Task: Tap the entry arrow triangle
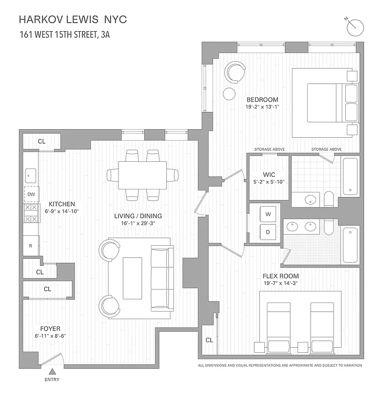pyautogui.click(x=52, y=372)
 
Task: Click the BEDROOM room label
pyautogui.click(x=261, y=99)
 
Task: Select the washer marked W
pyautogui.click(x=268, y=215)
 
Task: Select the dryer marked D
pyautogui.click(x=268, y=232)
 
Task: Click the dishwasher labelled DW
pyautogui.click(x=31, y=194)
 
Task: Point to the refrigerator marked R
pyautogui.click(x=31, y=246)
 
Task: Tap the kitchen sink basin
pyautogui.click(x=30, y=176)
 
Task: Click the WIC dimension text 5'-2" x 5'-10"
pyautogui.click(x=270, y=182)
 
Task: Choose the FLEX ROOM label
pyautogui.click(x=280, y=276)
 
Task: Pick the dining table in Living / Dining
pyautogui.click(x=143, y=174)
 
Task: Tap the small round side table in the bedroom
pyautogui.click(x=229, y=93)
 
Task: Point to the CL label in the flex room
pyautogui.click(x=209, y=340)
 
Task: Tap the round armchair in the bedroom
pyautogui.click(x=235, y=71)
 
